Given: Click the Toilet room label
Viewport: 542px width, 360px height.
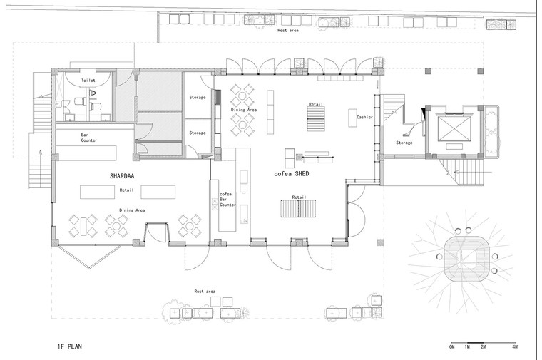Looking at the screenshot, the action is [x=88, y=80].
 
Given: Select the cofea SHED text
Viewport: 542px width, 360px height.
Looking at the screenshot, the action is [x=292, y=174].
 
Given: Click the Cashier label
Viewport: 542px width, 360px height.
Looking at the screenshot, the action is [x=364, y=117].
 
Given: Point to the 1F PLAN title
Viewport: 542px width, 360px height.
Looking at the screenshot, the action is [x=69, y=346].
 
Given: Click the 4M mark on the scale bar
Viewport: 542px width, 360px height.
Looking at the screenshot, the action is [x=515, y=346].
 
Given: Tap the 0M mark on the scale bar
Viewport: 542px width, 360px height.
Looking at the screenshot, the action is [x=451, y=346].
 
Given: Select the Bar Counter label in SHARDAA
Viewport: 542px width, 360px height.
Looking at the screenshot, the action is [x=89, y=138].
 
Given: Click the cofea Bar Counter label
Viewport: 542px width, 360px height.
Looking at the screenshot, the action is [x=227, y=200].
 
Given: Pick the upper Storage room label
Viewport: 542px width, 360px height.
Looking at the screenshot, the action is [x=198, y=98].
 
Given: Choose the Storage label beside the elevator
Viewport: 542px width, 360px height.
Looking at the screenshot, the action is [x=404, y=143].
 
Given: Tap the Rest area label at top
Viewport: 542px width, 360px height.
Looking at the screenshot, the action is [x=288, y=31].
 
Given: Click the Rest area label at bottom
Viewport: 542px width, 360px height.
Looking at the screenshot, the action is [x=205, y=292].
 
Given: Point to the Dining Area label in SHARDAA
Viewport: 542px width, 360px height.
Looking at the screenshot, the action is [x=132, y=210].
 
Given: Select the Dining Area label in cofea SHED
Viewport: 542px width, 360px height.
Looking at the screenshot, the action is [x=244, y=110].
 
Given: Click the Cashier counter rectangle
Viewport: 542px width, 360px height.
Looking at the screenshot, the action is [x=352, y=118].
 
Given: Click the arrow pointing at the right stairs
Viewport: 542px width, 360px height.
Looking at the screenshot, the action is [x=472, y=172].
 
